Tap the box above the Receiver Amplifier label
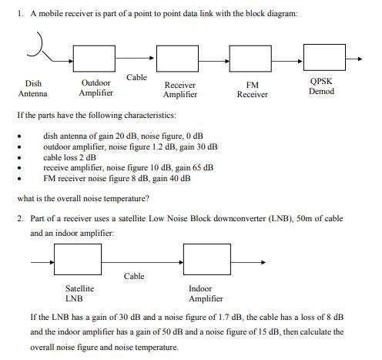[x=178, y=58]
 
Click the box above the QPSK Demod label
[x=323, y=58]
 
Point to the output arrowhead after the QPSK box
[x=358, y=58]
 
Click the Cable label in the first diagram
[x=137, y=77]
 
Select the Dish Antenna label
[x=33, y=89]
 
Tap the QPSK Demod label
[x=321, y=86]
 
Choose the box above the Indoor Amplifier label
[x=206, y=261]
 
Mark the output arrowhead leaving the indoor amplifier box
[x=262, y=261]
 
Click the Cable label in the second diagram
[x=134, y=275]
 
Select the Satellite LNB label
[x=79, y=293]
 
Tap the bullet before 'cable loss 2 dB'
[x=23, y=156]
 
